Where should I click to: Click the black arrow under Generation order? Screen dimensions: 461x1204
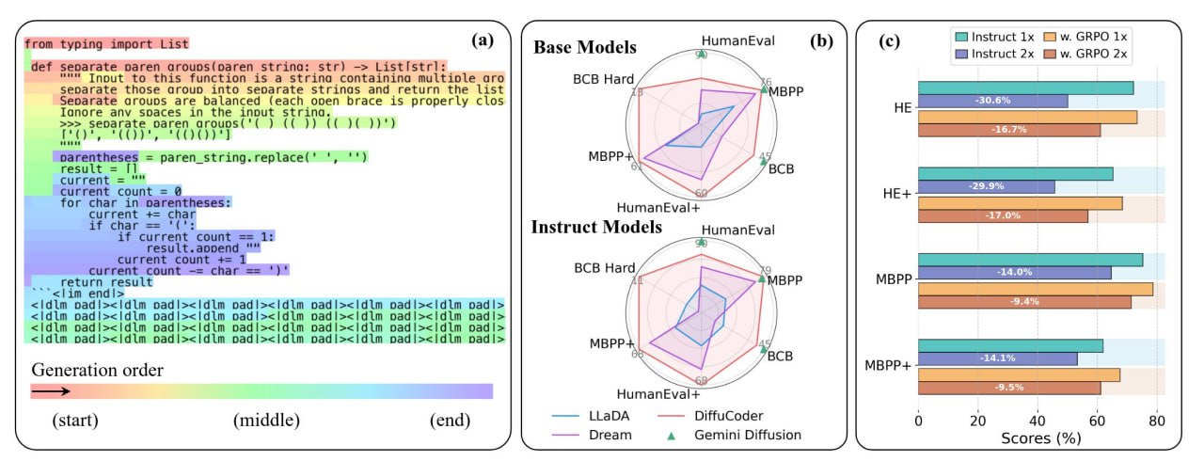tap(53, 390)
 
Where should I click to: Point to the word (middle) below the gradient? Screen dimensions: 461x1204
tap(266, 420)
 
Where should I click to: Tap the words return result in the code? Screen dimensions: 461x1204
tap(105, 282)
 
